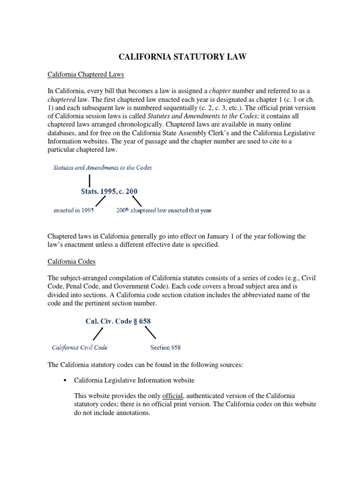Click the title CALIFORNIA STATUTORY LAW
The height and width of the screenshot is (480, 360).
(x=180, y=57)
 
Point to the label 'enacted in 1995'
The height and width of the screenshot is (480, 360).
(x=73, y=210)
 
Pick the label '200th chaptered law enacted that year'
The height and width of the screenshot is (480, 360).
(x=164, y=210)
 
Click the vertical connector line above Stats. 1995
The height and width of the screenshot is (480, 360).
(x=90, y=179)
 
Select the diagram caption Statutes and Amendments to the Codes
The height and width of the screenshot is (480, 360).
(x=102, y=167)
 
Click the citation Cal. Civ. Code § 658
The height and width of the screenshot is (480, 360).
(x=118, y=322)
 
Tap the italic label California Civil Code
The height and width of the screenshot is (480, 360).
(x=79, y=347)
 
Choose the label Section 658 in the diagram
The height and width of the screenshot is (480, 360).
(x=165, y=347)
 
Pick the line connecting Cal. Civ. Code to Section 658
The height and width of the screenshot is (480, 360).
(x=150, y=333)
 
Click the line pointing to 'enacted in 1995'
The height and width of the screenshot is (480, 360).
(x=100, y=201)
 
